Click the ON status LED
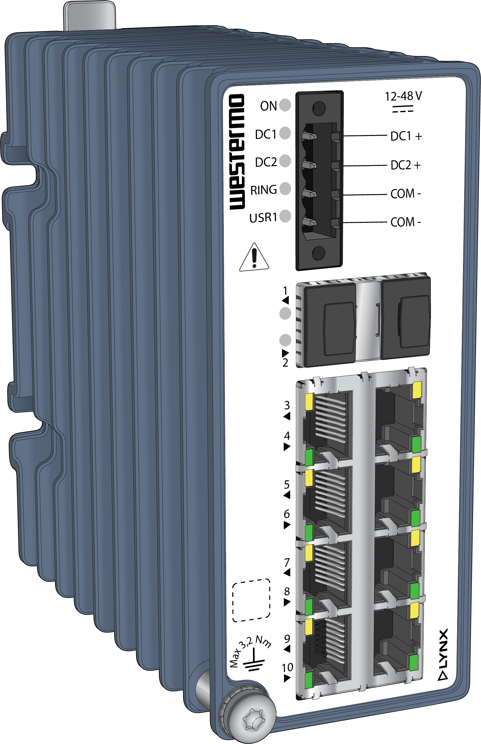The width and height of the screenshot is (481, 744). pos(285,105)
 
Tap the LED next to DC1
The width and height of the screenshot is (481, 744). pos(285,133)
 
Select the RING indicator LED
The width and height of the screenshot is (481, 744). pos(285,189)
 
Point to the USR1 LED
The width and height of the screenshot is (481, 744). pos(285,216)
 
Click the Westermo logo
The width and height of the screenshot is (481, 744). pos(237,152)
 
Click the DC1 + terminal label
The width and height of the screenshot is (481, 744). pos(406,136)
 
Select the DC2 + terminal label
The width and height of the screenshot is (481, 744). pos(405,165)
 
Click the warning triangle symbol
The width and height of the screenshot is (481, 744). pos(254,258)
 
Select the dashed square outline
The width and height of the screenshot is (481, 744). pos(251,600)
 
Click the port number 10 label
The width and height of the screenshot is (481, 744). pos(287,667)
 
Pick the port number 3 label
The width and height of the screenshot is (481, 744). pos(287,405)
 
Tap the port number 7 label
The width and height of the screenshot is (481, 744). pos(287,562)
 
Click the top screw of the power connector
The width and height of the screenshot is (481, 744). pos(319,108)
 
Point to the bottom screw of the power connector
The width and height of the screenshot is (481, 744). pos(319,253)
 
